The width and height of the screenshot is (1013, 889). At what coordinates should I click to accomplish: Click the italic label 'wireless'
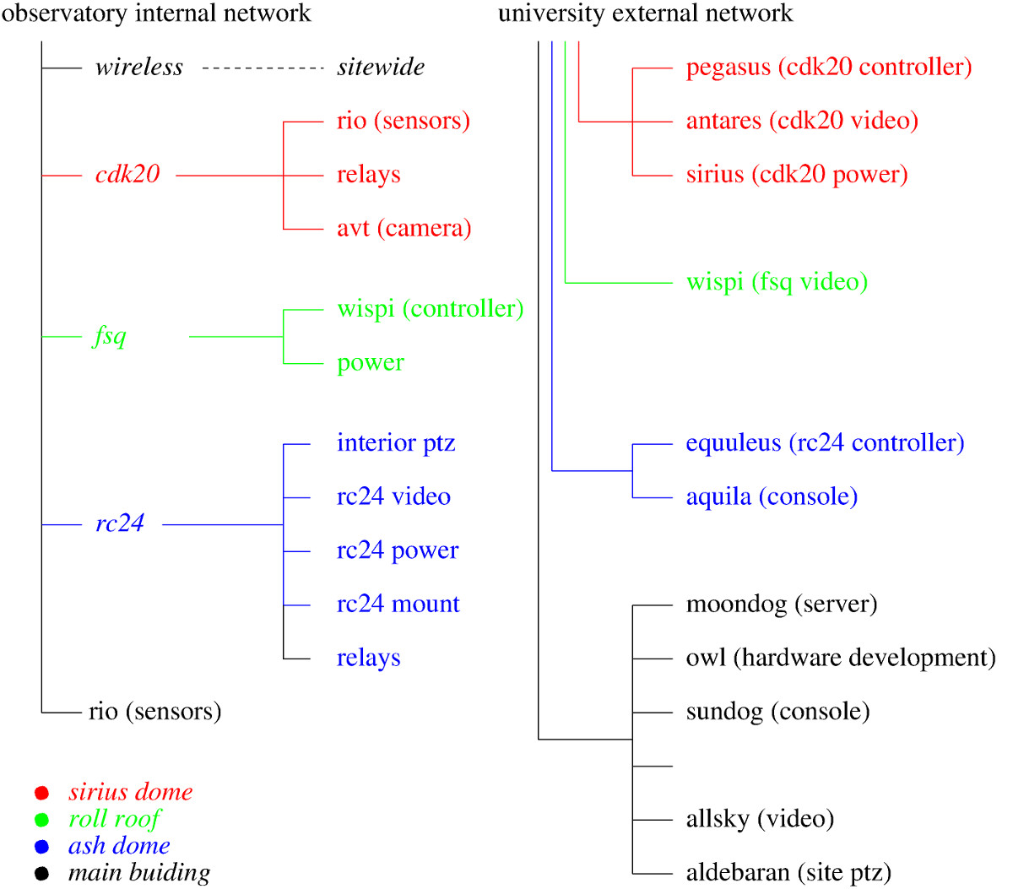(x=139, y=67)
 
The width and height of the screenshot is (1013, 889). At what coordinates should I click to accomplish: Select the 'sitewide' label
(x=381, y=67)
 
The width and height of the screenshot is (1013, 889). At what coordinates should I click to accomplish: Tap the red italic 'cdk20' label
(x=127, y=175)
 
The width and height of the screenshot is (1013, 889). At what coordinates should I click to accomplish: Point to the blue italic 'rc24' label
(x=120, y=523)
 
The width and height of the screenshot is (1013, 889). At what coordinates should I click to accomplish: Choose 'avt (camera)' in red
(x=404, y=229)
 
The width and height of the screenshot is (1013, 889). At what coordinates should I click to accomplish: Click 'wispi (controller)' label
(x=430, y=309)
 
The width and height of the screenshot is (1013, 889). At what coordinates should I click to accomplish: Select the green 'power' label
(x=370, y=364)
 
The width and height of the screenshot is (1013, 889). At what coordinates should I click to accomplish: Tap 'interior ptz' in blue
(x=396, y=443)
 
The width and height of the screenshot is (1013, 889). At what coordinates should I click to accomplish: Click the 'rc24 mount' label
(x=398, y=604)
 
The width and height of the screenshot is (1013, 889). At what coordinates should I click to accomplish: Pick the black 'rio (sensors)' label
(x=155, y=712)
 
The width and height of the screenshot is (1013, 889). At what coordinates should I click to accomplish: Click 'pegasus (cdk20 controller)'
(x=828, y=68)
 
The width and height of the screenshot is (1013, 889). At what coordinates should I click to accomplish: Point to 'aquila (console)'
(x=772, y=497)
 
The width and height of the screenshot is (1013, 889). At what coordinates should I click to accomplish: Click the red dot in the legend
(x=41, y=793)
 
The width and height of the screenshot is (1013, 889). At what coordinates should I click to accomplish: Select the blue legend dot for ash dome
(x=41, y=847)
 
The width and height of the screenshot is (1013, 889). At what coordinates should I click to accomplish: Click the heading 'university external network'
(x=645, y=14)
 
